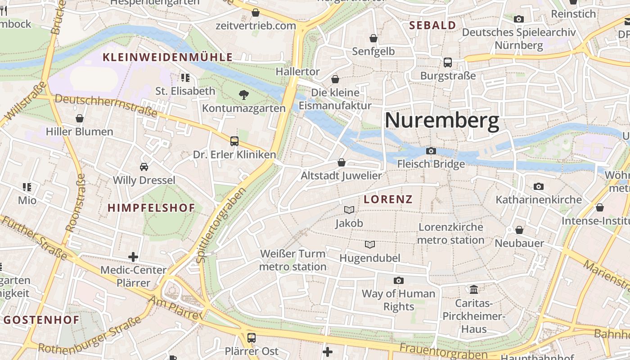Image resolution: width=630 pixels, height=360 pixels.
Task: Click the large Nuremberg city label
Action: [441, 121]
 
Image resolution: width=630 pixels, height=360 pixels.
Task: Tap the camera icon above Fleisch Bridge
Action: [431, 151]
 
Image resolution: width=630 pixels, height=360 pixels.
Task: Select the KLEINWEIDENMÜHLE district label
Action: [168, 57]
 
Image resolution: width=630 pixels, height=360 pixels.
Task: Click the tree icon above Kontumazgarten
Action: [243, 94]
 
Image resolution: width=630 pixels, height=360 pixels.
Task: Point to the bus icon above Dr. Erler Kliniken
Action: [234, 141]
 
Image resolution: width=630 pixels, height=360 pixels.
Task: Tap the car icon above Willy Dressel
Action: [144, 166]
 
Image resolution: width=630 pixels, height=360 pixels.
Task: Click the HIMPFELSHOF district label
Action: [151, 208]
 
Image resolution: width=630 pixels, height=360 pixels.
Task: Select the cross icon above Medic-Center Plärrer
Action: [133, 257]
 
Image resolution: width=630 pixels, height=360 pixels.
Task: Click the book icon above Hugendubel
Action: [370, 244]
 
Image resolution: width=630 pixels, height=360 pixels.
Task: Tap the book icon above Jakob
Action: [349, 210]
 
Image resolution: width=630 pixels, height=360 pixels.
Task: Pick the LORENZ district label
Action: [388, 199]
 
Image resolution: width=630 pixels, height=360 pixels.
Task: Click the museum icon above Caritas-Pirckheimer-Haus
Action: [474, 289]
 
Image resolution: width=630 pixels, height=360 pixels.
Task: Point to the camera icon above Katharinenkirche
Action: [538, 186]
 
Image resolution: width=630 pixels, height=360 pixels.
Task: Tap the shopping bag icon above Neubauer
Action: [519, 230]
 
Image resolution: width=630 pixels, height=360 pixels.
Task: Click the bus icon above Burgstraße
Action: [448, 62]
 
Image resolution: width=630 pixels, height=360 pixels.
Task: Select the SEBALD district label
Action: [432, 26]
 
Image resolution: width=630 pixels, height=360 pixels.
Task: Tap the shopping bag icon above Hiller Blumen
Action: [80, 118]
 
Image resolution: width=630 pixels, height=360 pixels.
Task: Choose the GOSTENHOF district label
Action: [42, 320]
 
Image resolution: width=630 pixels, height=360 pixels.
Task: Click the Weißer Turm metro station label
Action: [293, 260]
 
